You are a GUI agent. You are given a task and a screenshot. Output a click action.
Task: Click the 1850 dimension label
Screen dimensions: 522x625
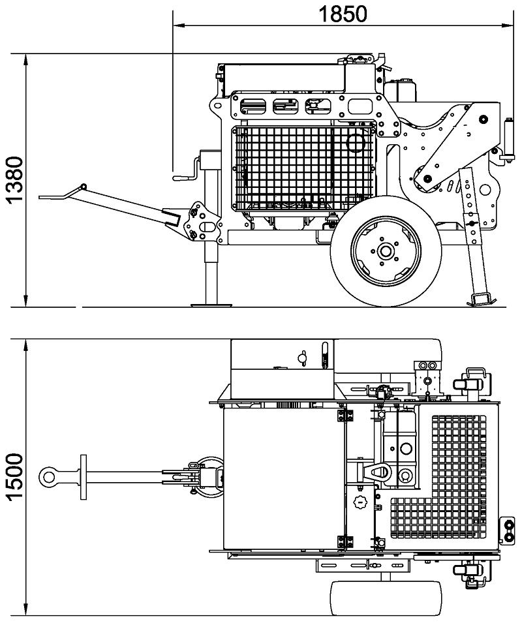[343, 14]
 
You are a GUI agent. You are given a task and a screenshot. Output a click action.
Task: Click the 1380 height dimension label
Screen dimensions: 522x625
[15, 180]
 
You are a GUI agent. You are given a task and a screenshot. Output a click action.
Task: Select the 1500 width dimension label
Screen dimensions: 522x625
[15, 477]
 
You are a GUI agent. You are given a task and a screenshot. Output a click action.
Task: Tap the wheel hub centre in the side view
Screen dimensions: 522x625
[385, 251]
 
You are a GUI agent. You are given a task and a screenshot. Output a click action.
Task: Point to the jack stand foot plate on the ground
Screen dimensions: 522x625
[211, 305]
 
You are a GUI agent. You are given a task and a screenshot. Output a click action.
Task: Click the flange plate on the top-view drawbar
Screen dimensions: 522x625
[84, 477]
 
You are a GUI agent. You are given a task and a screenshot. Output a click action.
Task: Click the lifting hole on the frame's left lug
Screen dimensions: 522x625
[217, 106]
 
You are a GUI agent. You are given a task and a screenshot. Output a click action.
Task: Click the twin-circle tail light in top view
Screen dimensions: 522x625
[508, 530]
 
